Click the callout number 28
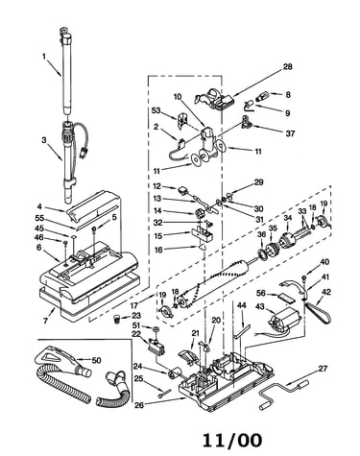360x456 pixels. click(287, 66)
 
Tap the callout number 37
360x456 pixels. click(290, 132)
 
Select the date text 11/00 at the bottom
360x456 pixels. click(232, 440)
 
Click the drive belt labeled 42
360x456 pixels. click(319, 312)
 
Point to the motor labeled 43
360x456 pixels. click(286, 319)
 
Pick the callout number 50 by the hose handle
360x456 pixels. click(96, 360)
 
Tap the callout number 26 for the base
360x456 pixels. click(139, 405)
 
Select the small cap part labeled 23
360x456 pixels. click(117, 319)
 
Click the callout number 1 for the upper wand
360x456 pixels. click(44, 57)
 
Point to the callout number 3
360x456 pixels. click(44, 140)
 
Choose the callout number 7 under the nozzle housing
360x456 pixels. click(45, 320)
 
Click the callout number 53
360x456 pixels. click(156, 110)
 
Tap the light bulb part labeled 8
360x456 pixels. click(263, 96)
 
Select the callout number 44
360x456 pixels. click(241, 305)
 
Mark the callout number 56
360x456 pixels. click(261, 294)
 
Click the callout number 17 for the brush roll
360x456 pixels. click(134, 306)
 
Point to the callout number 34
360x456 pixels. click(288, 218)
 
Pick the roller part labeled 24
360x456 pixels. click(175, 373)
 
